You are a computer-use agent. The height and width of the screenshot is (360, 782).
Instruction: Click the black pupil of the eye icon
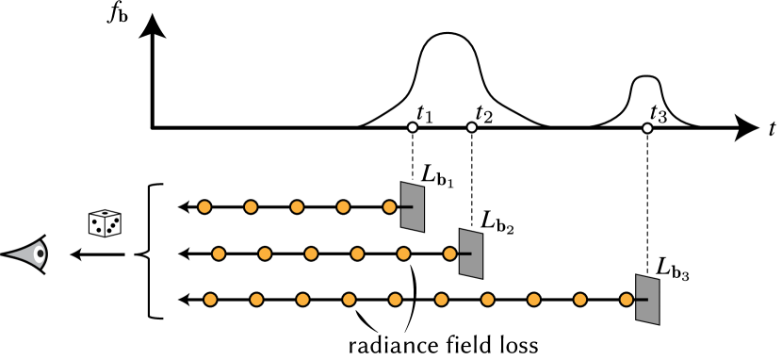pos(41,254)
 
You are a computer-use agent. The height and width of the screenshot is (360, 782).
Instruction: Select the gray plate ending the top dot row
pos(413,207)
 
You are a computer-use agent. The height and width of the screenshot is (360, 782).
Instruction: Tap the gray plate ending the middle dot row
pos(471,254)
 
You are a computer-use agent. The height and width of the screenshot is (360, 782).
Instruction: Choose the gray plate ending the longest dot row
pos(647,300)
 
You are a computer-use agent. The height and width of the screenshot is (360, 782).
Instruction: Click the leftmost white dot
pos(413,127)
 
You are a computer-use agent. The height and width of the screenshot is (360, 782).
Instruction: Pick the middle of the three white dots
pos(472,127)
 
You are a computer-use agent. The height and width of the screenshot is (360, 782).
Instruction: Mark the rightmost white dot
pos(647,128)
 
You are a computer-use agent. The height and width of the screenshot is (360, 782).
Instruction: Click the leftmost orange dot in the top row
pos(204,207)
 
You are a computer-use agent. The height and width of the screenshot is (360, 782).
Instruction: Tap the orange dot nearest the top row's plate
pos(389,207)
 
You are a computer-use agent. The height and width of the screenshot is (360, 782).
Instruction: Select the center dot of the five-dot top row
pos(297,207)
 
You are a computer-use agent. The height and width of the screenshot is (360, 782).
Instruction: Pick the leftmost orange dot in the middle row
pos(219,254)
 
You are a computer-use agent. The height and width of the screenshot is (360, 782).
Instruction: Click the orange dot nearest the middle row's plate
pos(449,254)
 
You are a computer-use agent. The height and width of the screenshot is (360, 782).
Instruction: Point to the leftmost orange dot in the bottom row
pos(210,300)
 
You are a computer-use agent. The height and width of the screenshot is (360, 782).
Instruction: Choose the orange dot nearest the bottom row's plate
pos(627,300)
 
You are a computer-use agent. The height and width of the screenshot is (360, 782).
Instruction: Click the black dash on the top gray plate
pos(407,207)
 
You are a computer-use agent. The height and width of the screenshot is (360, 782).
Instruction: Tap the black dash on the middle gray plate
pos(465,254)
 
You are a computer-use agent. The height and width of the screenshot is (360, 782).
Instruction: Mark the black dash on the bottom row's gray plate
pos(642,300)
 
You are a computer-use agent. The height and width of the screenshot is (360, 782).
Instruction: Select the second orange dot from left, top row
pos(251,207)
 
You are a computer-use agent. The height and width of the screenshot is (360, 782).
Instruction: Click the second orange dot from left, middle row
pos(265,254)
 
